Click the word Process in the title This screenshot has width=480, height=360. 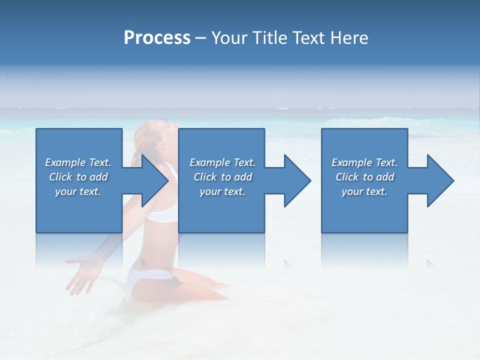coord(157,38)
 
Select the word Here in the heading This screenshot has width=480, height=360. coord(349,38)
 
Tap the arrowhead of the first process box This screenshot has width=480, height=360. coord(154,180)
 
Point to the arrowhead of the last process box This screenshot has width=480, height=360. coord(440,180)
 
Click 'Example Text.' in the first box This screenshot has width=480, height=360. coord(78,162)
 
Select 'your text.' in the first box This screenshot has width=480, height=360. coord(78,191)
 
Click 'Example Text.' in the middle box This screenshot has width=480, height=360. coord(222,162)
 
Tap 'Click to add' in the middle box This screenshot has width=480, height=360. coord(222,177)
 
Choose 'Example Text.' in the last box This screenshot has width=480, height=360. coord(364,162)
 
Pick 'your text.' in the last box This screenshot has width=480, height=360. coord(364,191)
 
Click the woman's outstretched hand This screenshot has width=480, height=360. coord(80,272)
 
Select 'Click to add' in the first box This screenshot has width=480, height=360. coord(78,177)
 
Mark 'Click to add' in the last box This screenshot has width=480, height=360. coord(364,177)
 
